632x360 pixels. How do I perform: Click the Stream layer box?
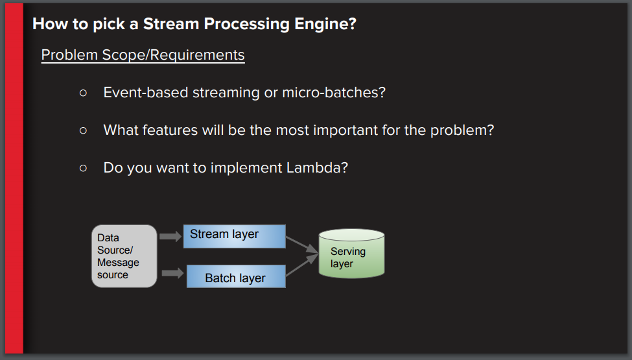pos(234,236)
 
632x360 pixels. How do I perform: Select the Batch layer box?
pos(236,277)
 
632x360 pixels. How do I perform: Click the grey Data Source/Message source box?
pos(124,256)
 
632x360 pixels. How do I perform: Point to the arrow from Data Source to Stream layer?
pos(170,237)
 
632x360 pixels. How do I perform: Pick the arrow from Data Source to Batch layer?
pos(172,273)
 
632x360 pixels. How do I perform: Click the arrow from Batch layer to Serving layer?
pos(301,266)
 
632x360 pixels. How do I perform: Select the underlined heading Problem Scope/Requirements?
pos(143,55)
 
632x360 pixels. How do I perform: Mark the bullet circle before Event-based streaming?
pos(83,93)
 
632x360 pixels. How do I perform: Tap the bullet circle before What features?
pos(83,130)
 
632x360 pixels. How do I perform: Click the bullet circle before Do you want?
pos(83,168)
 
